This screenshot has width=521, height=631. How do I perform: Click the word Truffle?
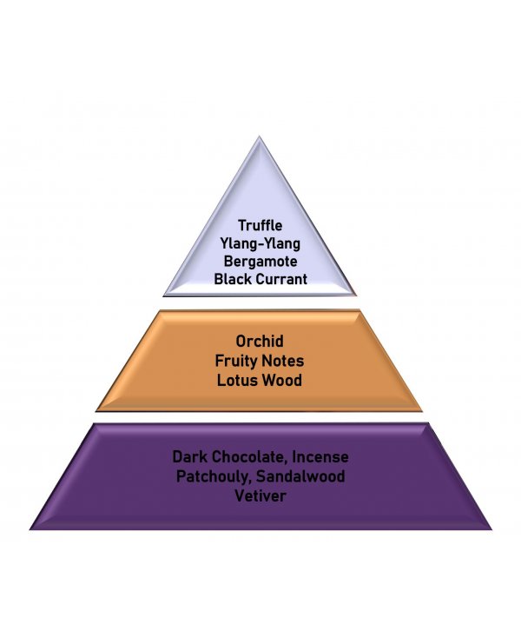260,225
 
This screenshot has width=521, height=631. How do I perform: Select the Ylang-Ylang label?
260,243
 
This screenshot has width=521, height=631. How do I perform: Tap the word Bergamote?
260,261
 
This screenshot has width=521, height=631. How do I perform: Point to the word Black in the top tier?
233,279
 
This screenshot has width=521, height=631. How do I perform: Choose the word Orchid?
260,342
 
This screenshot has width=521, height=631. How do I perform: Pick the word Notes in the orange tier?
283,361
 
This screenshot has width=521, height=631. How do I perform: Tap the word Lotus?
235,381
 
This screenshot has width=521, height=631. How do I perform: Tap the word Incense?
320,457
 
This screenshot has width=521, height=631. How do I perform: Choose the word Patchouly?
214,476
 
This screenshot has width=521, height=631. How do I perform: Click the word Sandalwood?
300,476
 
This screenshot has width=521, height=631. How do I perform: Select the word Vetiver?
260,495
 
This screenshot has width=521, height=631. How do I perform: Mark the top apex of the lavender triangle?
260,136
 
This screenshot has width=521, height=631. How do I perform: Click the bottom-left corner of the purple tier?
30,529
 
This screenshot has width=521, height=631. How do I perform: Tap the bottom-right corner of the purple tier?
491,529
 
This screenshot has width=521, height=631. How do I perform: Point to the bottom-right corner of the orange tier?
423,411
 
